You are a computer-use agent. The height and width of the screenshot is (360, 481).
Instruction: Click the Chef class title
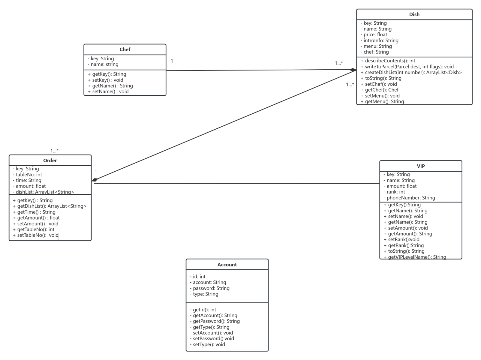(x=125, y=49)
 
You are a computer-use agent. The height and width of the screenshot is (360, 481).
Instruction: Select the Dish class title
(x=414, y=14)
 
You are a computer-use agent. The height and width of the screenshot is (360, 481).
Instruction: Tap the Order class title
(x=50, y=160)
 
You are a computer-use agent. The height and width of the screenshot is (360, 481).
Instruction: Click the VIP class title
(x=421, y=166)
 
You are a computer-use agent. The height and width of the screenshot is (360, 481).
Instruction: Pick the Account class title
(x=227, y=265)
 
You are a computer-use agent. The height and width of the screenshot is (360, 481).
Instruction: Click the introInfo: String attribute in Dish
(x=379, y=40)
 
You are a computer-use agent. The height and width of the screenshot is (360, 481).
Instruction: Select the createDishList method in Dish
(x=411, y=72)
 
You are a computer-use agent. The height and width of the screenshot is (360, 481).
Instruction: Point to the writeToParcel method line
(x=407, y=67)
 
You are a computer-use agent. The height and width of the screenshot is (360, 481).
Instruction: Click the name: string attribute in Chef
(x=103, y=64)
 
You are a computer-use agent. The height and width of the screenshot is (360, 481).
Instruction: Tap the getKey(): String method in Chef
(x=107, y=74)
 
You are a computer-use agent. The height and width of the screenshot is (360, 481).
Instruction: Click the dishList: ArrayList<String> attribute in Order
(x=43, y=192)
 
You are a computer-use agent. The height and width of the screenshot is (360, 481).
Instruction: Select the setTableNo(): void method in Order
(x=36, y=235)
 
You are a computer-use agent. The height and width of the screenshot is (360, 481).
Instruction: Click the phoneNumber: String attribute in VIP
(x=409, y=198)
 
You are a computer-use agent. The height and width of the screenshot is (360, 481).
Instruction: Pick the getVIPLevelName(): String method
(x=415, y=257)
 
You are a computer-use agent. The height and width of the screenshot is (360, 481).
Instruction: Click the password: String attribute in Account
(x=209, y=288)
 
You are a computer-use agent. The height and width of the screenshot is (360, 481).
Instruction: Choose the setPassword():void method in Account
(x=212, y=338)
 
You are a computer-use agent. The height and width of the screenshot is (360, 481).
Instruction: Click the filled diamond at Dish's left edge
(x=353, y=70)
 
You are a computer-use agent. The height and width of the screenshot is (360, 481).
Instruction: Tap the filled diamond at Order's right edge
(x=95, y=180)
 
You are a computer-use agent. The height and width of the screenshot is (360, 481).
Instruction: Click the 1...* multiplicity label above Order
(x=54, y=151)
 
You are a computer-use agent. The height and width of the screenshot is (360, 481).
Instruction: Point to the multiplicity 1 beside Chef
(x=172, y=61)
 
